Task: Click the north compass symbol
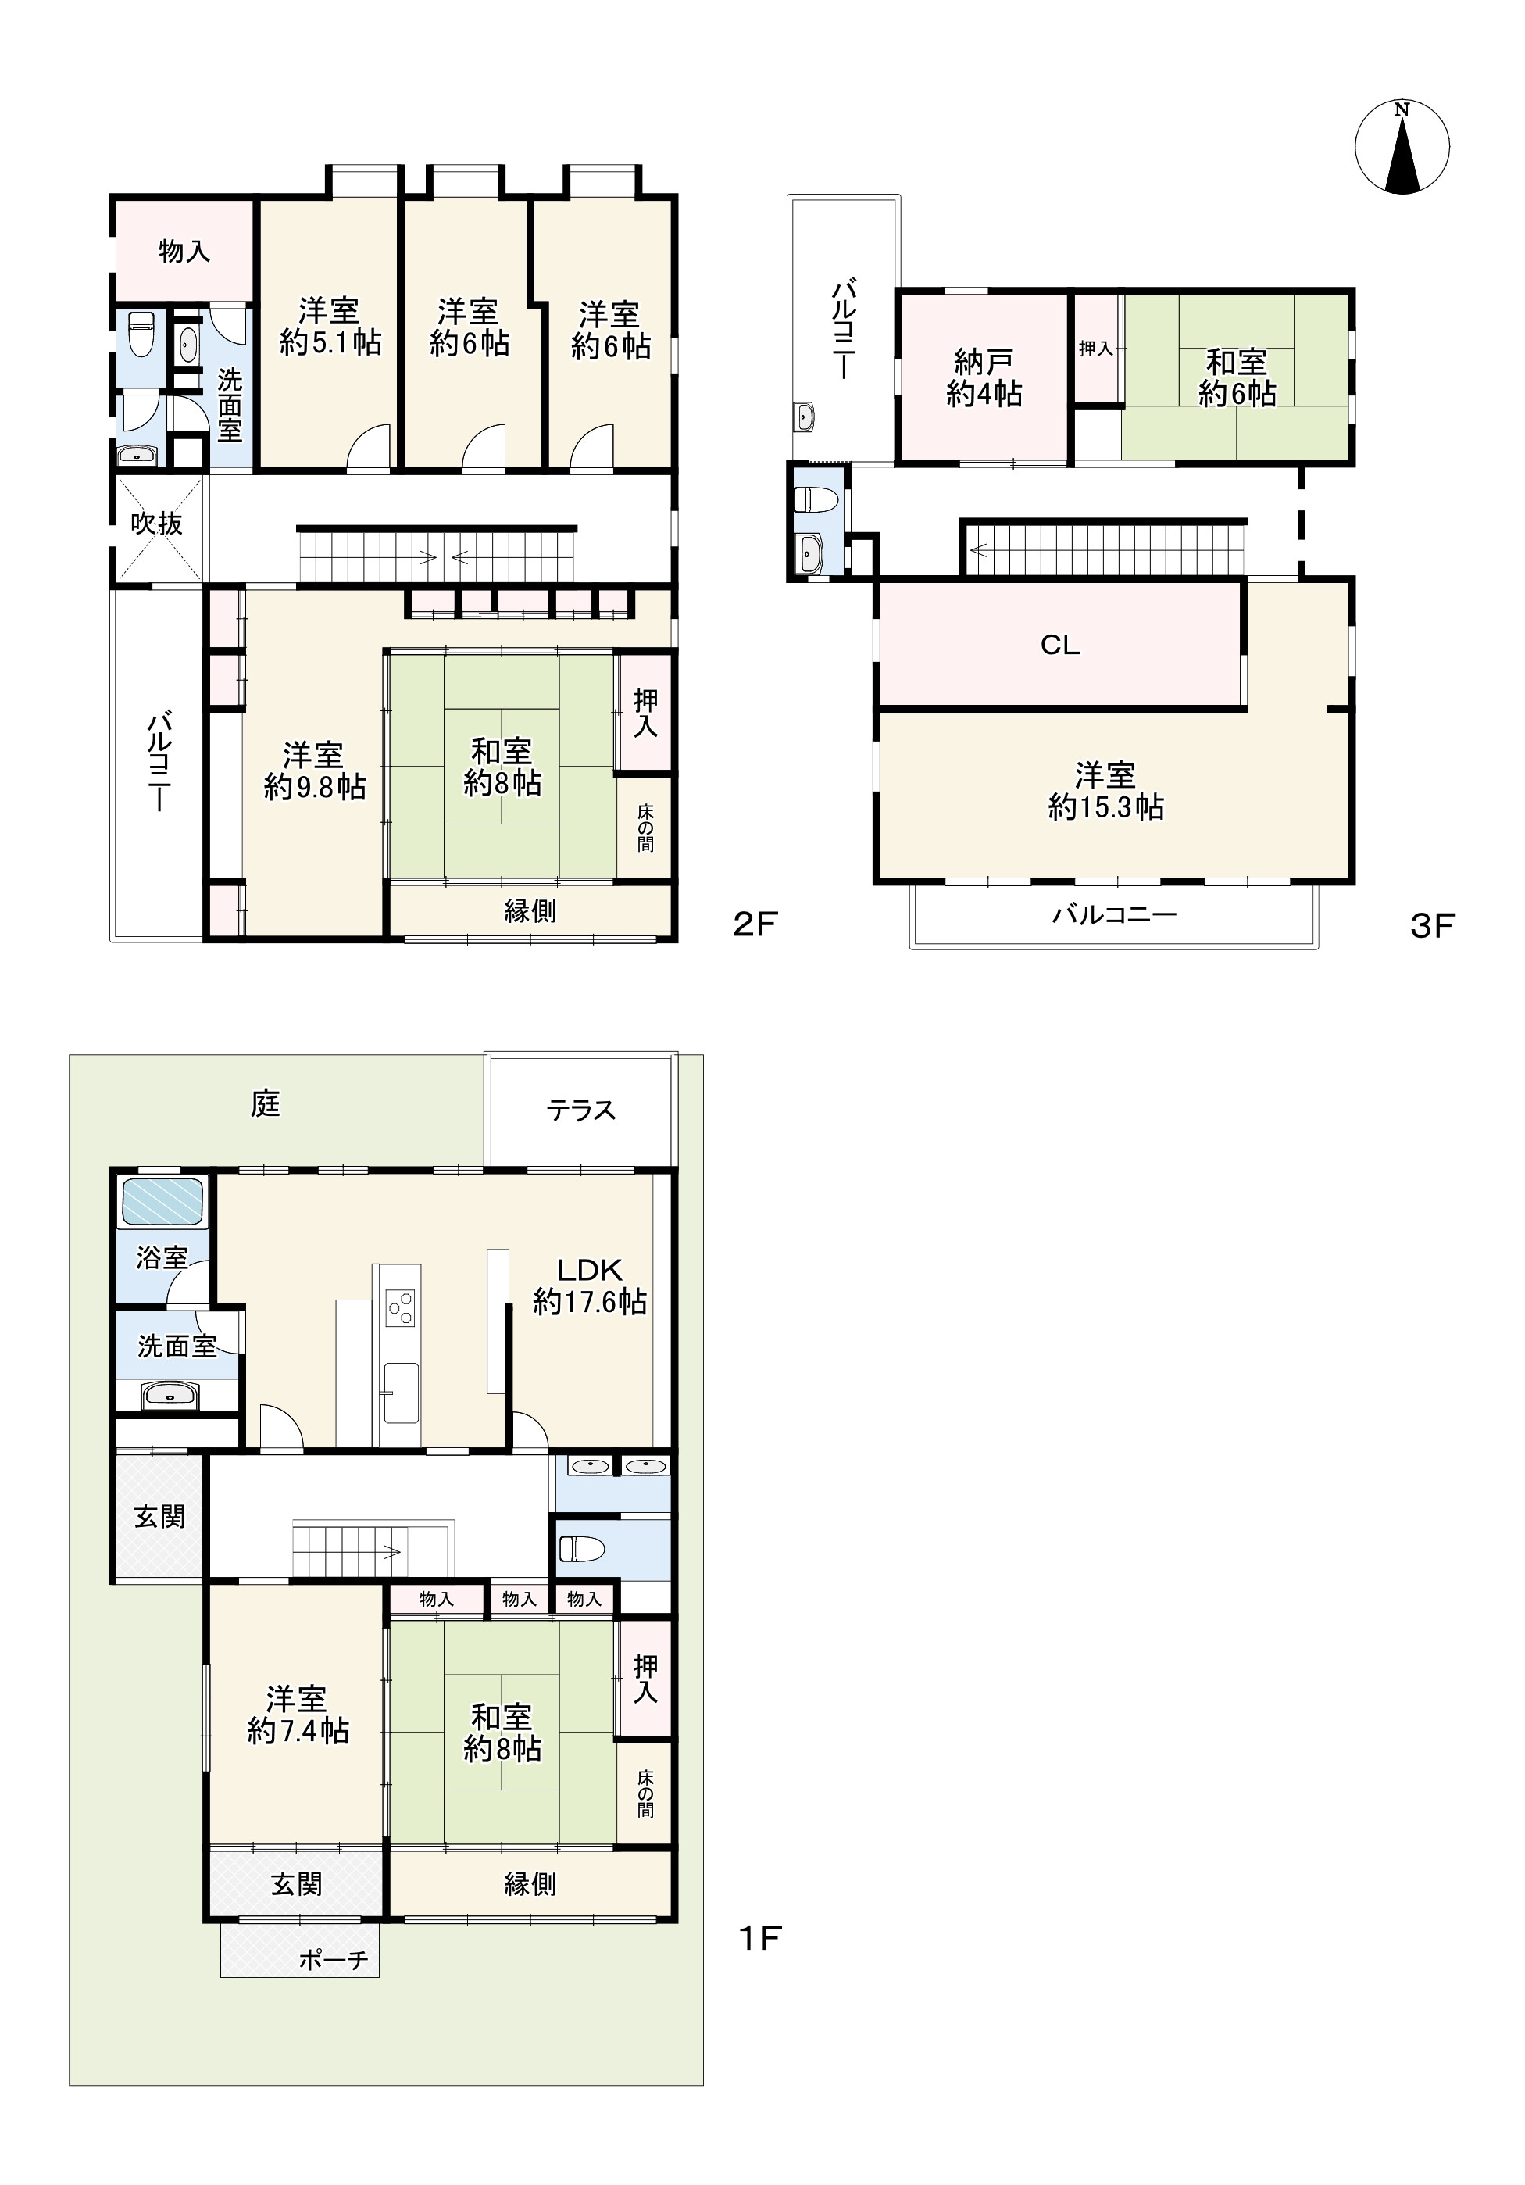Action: [1402, 148]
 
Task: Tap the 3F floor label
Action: [1433, 925]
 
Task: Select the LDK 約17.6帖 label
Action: [590, 1286]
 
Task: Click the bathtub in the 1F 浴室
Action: [162, 1202]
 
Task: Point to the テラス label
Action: [581, 1110]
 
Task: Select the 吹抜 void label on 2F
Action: [157, 524]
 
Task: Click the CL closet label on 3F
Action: [1060, 645]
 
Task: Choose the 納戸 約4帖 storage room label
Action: [984, 377]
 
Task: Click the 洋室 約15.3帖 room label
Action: [1105, 791]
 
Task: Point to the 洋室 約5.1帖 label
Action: [330, 327]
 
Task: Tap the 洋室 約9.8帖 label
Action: [314, 771]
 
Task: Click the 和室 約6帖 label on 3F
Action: [1237, 377]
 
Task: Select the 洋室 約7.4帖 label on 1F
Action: [298, 1714]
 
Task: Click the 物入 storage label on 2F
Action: [184, 251]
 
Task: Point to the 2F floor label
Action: [755, 925]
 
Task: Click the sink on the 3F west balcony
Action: [805, 416]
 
